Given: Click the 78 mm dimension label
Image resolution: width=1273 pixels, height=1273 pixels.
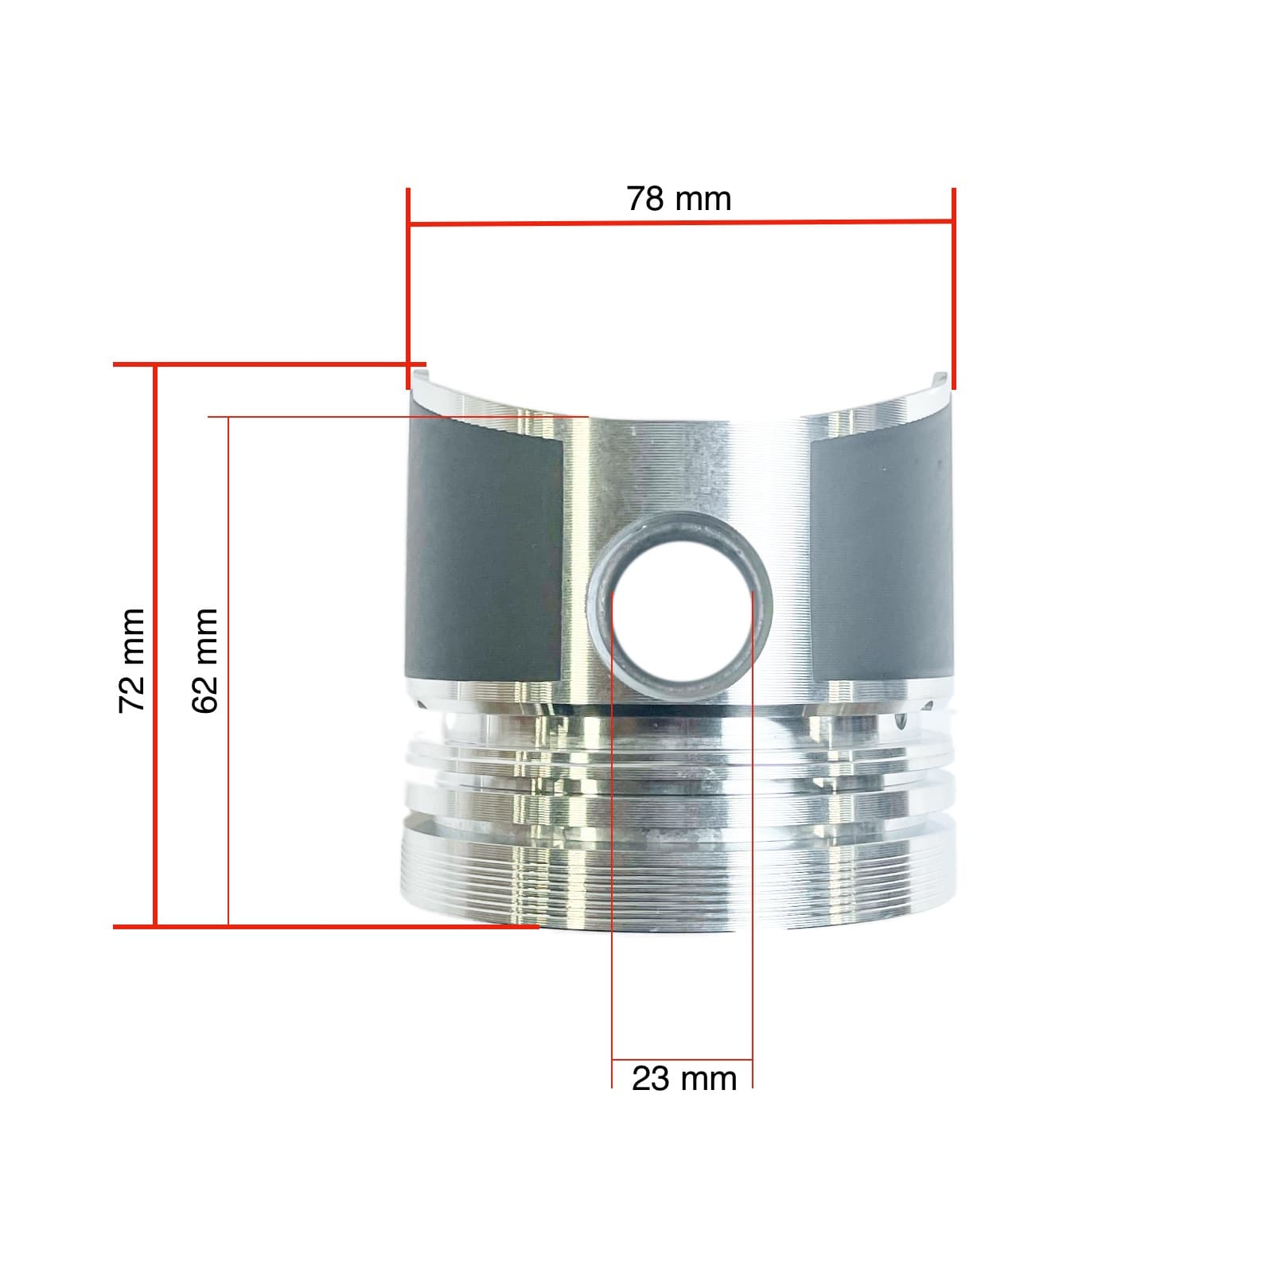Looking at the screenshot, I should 679,199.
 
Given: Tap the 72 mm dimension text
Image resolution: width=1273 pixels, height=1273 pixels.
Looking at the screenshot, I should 132,660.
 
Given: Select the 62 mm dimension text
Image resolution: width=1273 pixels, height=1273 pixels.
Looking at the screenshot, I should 205,660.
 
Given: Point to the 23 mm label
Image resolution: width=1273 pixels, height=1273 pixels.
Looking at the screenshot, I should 683,1080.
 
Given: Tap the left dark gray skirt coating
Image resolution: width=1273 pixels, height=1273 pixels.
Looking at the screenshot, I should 485,557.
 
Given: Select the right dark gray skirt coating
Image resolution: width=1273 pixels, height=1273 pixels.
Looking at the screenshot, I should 879,557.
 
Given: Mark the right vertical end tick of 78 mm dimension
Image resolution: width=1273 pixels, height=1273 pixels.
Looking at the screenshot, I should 953,286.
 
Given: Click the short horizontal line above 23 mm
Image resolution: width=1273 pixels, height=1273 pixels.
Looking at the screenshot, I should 682,1061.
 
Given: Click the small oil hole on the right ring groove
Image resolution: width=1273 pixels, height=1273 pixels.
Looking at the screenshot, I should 901,722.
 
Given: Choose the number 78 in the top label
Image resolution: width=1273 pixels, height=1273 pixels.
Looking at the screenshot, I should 644,199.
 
